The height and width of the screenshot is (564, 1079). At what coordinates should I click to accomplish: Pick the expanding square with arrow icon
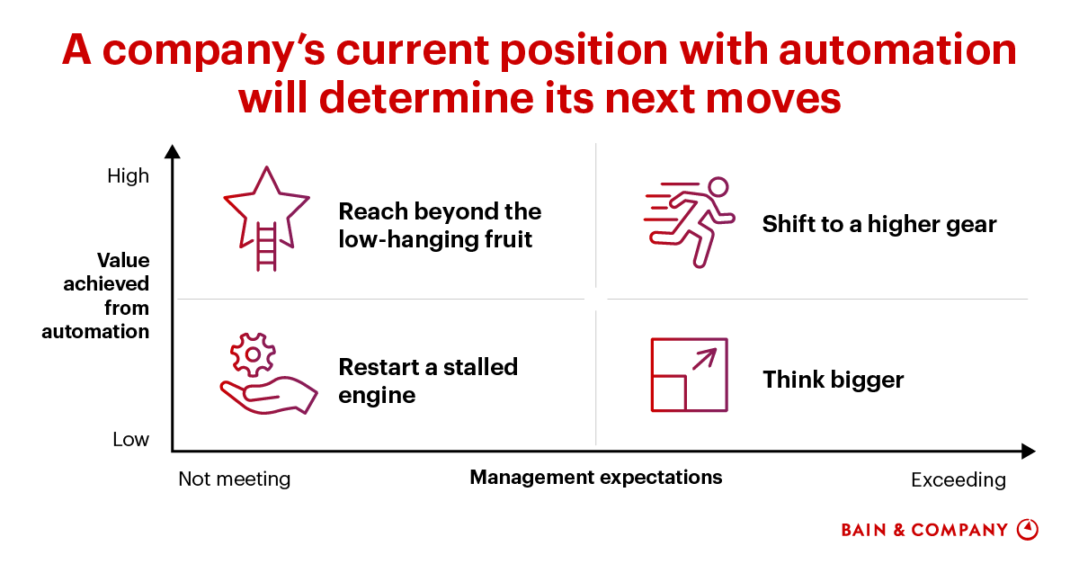tap(689, 375)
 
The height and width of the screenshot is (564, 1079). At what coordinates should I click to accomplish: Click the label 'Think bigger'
tap(833, 380)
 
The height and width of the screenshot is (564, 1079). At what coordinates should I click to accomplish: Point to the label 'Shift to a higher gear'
tap(878, 224)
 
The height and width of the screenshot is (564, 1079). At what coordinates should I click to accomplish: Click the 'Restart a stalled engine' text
tap(427, 380)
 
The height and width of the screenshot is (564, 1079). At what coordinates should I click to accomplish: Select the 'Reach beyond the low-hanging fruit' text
tap(439, 225)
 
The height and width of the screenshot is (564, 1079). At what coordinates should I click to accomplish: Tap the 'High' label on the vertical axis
tap(129, 176)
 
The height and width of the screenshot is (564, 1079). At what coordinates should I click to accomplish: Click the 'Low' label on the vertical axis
tap(131, 440)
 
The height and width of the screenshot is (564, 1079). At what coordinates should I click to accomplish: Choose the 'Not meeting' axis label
tap(234, 479)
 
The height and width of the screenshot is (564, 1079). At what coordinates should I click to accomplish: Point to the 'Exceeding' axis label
tap(958, 479)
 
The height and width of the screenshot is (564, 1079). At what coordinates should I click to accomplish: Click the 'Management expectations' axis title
tap(595, 477)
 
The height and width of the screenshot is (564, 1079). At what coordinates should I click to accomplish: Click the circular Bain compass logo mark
tap(1027, 529)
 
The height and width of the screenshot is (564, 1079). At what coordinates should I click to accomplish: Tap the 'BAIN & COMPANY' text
tap(924, 530)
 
